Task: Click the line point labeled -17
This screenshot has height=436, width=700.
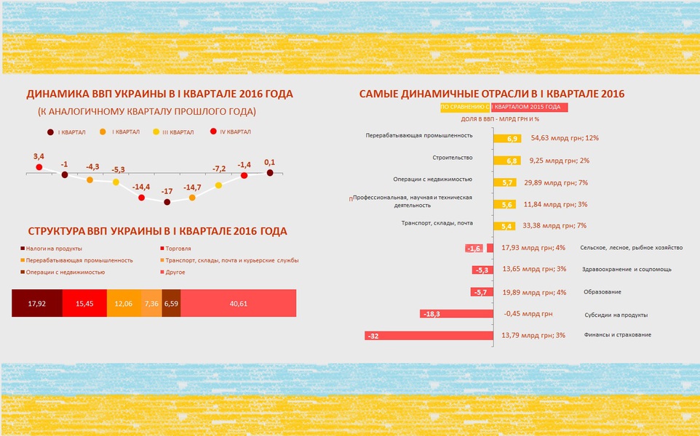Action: coord(167,202)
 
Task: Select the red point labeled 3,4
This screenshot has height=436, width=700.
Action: coord(39,167)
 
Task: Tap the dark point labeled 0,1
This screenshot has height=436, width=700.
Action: coord(270,172)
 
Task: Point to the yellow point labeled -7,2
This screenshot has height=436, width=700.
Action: coord(218,185)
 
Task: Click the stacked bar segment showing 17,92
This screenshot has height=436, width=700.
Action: coord(37,303)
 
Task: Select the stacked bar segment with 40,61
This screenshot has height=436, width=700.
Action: coord(239,303)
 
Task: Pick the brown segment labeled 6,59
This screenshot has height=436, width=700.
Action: coord(172,303)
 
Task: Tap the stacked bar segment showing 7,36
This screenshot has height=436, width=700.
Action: coord(152,303)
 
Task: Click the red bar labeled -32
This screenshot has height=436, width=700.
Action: coord(429,336)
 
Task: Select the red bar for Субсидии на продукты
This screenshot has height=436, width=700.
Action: coord(456,314)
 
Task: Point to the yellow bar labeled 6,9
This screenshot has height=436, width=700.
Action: coord(507,139)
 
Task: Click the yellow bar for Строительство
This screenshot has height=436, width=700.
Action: coord(506,161)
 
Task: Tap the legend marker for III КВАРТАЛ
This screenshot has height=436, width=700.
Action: coord(156,132)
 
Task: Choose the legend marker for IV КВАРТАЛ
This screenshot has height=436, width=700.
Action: coord(213,132)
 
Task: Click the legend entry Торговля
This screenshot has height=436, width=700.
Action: coord(175,249)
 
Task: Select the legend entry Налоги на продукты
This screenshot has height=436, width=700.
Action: coord(52,249)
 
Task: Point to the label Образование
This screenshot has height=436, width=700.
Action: coord(602,292)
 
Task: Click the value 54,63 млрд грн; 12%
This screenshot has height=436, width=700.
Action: coord(565,138)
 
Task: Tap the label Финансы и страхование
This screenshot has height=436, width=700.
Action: coord(617,335)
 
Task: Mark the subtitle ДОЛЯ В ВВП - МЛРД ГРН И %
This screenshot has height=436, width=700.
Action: coord(500,119)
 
